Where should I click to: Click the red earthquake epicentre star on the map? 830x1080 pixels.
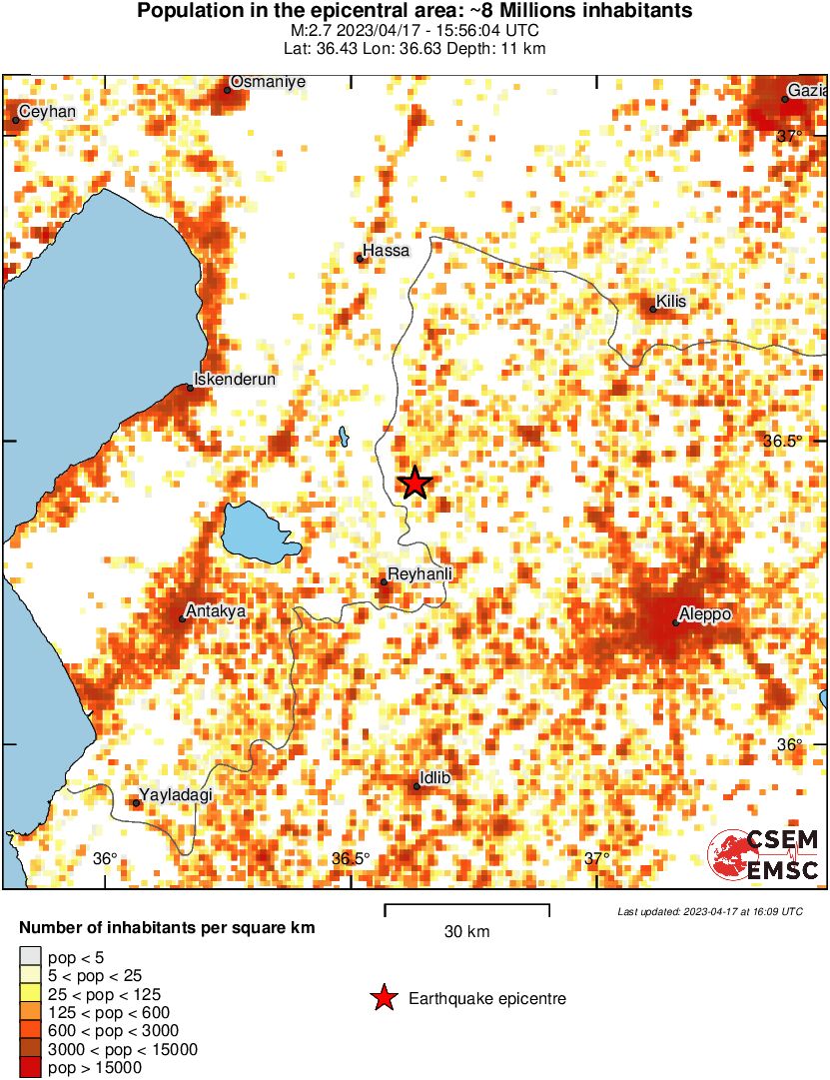click(x=415, y=484)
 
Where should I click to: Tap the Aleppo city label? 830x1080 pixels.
click(x=706, y=613)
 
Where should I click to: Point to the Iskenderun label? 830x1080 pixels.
click(x=233, y=380)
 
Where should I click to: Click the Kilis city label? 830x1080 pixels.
click(x=671, y=302)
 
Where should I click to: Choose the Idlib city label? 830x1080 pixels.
click(x=438, y=777)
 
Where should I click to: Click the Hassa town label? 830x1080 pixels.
click(x=387, y=251)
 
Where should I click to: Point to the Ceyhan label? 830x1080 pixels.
click(x=47, y=112)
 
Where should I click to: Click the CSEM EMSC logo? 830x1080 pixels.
click(x=764, y=856)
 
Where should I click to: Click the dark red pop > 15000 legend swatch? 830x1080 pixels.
click(x=30, y=1068)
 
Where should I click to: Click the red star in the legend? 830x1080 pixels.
click(x=383, y=998)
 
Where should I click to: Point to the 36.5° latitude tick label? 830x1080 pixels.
click(x=784, y=442)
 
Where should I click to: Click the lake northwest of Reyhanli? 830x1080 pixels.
click(x=259, y=531)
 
